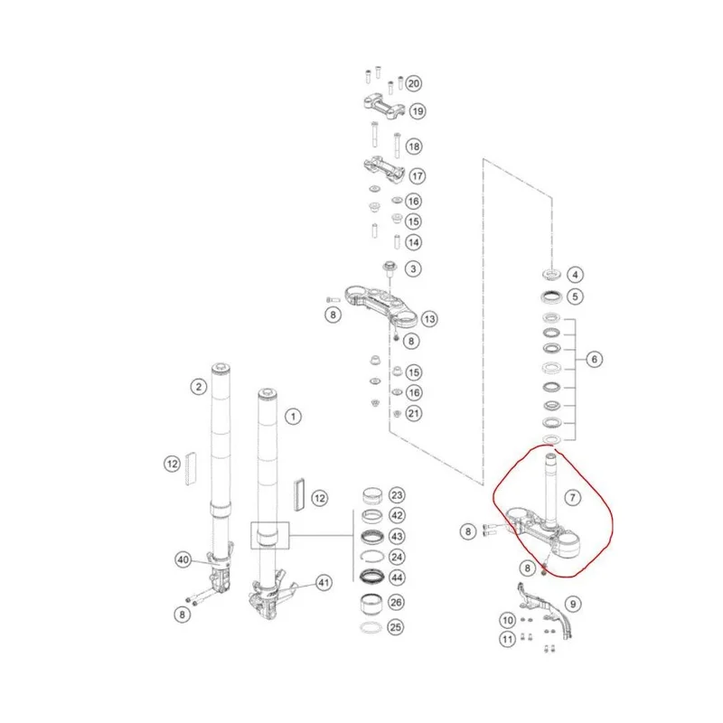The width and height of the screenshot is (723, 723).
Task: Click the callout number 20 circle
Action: [x=414, y=83]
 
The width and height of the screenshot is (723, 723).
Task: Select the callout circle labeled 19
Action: [x=418, y=111]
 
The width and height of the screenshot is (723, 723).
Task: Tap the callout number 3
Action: [x=413, y=268]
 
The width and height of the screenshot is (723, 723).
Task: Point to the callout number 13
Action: [x=429, y=319]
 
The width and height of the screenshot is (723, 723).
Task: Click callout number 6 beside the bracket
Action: [x=594, y=359]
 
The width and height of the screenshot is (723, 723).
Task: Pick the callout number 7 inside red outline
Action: [x=573, y=498]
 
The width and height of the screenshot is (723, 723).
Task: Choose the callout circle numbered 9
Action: [x=573, y=604]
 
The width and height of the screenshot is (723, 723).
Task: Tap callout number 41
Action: [x=324, y=583]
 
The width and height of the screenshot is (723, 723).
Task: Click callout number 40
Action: [x=183, y=559]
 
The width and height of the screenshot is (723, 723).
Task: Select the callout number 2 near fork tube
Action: [x=199, y=387]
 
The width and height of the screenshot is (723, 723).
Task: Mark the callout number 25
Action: [x=396, y=627]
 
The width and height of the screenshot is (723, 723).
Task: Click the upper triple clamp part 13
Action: [x=381, y=305]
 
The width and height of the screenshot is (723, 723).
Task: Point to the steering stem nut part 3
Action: [x=390, y=267]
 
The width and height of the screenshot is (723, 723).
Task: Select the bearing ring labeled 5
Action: [x=551, y=297]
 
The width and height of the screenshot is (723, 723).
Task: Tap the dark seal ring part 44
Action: [x=371, y=577]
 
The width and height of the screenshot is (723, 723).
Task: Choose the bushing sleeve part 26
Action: [x=371, y=603]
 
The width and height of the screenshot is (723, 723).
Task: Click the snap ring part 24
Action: [x=371, y=557]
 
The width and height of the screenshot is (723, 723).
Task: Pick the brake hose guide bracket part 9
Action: [x=544, y=609]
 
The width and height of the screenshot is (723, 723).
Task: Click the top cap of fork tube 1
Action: [x=267, y=394]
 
